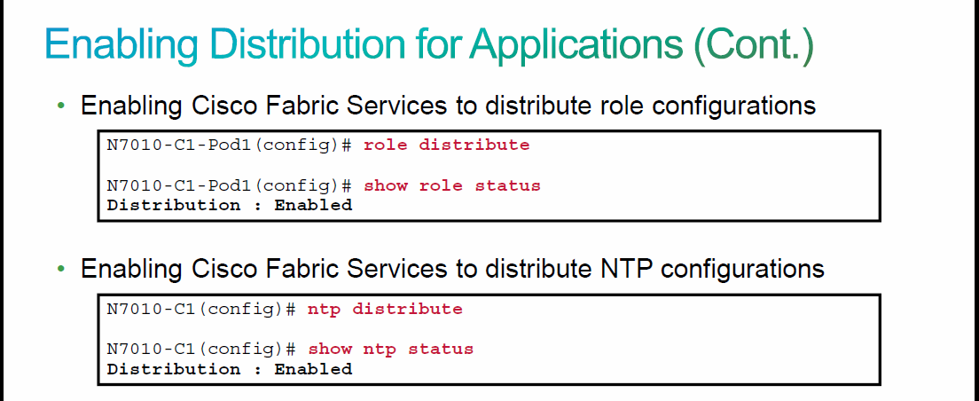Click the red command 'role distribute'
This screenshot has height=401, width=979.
[x=446, y=145]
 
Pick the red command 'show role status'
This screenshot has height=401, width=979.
[x=452, y=185]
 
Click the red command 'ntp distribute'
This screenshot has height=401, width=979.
[x=385, y=310]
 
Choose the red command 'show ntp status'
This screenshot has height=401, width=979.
[x=391, y=350]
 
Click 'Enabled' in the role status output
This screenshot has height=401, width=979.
[x=313, y=205]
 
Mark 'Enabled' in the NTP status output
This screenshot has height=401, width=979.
[x=313, y=369]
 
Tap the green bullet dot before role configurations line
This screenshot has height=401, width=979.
[x=60, y=106]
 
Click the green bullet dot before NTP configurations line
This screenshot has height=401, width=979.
[x=60, y=269]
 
